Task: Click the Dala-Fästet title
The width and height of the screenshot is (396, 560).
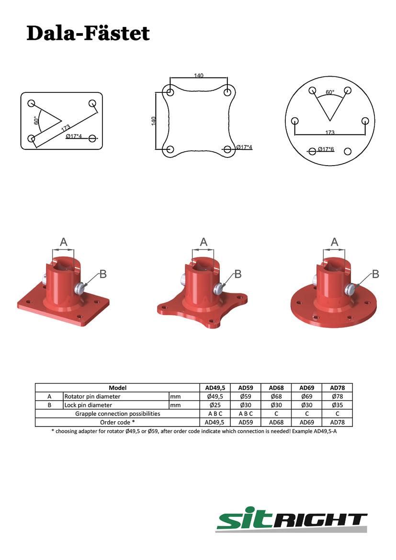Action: click(x=88, y=34)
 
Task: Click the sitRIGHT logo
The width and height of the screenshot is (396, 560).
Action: click(x=291, y=519)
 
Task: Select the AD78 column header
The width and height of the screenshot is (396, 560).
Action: click(x=337, y=388)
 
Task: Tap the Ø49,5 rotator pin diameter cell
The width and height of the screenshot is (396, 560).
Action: click(x=215, y=396)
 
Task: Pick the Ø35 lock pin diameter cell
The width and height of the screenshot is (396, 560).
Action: click(x=337, y=405)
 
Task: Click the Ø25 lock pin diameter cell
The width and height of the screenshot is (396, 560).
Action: click(x=215, y=405)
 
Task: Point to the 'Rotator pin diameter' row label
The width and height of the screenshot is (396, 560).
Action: click(x=92, y=396)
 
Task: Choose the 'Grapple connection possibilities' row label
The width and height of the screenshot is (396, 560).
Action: click(x=118, y=414)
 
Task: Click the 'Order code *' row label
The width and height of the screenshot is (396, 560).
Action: click(x=118, y=422)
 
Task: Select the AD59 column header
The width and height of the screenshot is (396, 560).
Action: click(x=246, y=388)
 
